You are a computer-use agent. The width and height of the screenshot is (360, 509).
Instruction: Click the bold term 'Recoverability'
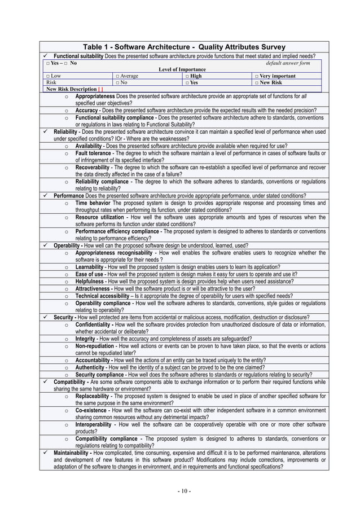point(95,168)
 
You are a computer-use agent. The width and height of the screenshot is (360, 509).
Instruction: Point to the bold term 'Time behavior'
point(93,203)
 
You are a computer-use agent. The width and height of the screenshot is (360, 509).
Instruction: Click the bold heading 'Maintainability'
point(73,452)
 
